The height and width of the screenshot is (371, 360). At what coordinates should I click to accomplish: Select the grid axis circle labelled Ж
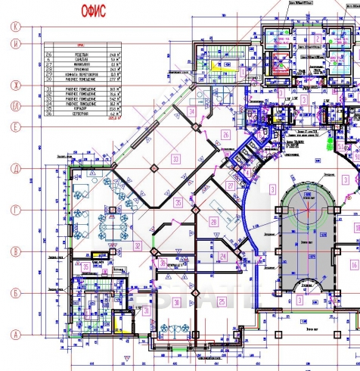[x=14, y=85]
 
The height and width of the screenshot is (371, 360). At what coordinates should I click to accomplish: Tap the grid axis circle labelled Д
[x=14, y=168]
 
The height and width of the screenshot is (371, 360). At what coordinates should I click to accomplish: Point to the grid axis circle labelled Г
[x=14, y=209]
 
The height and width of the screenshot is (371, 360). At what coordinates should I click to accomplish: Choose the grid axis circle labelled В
[x=14, y=251]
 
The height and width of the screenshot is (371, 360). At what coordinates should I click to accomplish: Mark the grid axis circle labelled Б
[x=14, y=292]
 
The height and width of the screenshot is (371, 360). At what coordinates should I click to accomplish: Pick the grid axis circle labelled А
[x=14, y=334]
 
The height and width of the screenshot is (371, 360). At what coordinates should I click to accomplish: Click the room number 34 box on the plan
[x=192, y=112]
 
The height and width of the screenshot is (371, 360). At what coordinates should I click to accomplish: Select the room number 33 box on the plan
[x=175, y=159]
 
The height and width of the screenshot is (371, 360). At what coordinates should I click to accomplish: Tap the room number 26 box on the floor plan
[x=225, y=135]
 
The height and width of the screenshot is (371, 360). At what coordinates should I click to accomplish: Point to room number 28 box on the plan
[x=214, y=222]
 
